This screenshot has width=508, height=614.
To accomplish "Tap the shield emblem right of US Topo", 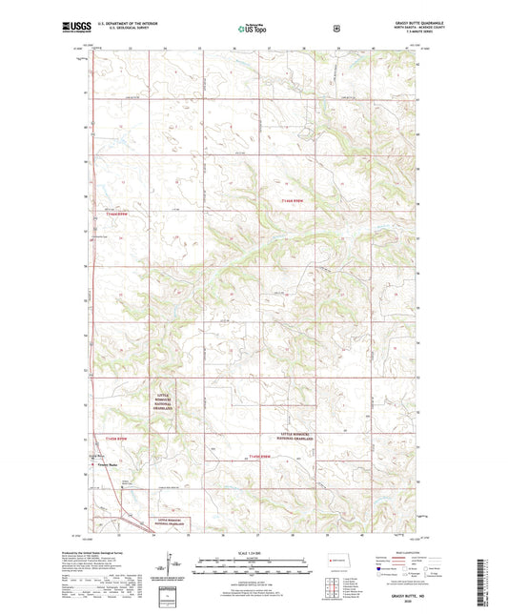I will [x=335, y=29].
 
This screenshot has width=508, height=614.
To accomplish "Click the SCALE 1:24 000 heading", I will [x=254, y=556].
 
